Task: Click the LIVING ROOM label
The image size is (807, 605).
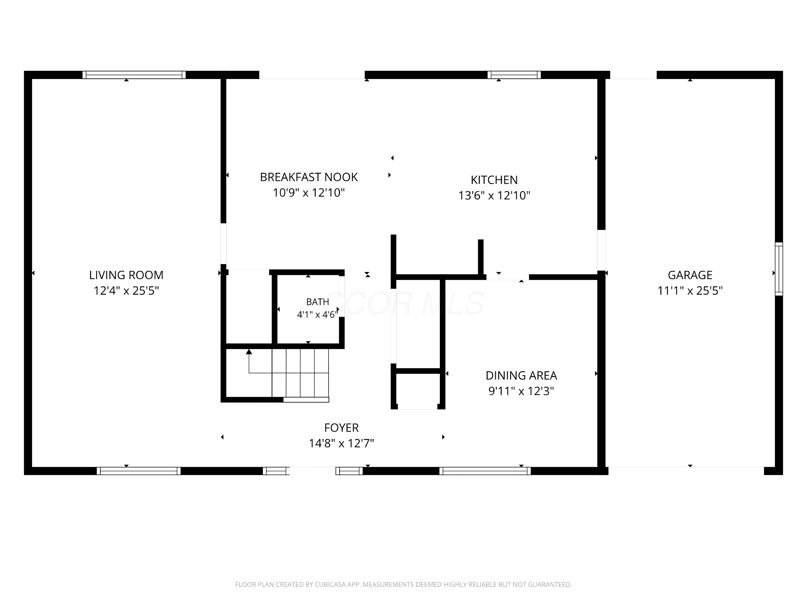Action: (126, 275)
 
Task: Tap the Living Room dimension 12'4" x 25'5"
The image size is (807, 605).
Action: (126, 291)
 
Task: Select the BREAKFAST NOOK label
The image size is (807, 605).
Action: (309, 177)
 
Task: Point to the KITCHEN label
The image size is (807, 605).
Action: (494, 180)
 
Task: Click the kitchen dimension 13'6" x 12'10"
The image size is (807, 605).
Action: (494, 196)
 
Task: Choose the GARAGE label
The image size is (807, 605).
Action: (690, 275)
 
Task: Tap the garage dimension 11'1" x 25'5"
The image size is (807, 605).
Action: (690, 291)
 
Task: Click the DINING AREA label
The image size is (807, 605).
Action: (521, 376)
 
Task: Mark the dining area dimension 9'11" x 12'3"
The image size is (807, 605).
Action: (521, 391)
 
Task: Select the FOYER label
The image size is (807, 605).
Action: (341, 428)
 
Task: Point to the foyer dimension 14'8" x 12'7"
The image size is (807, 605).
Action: (341, 443)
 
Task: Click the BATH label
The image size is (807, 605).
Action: (317, 302)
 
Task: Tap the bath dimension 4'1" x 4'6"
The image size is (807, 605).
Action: (317, 314)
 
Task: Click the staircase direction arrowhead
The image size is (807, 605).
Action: (249, 352)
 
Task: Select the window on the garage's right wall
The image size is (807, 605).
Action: (779, 269)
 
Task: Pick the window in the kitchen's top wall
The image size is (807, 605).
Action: (514, 75)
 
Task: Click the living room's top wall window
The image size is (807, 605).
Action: (134, 75)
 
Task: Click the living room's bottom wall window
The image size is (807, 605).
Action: (139, 471)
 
